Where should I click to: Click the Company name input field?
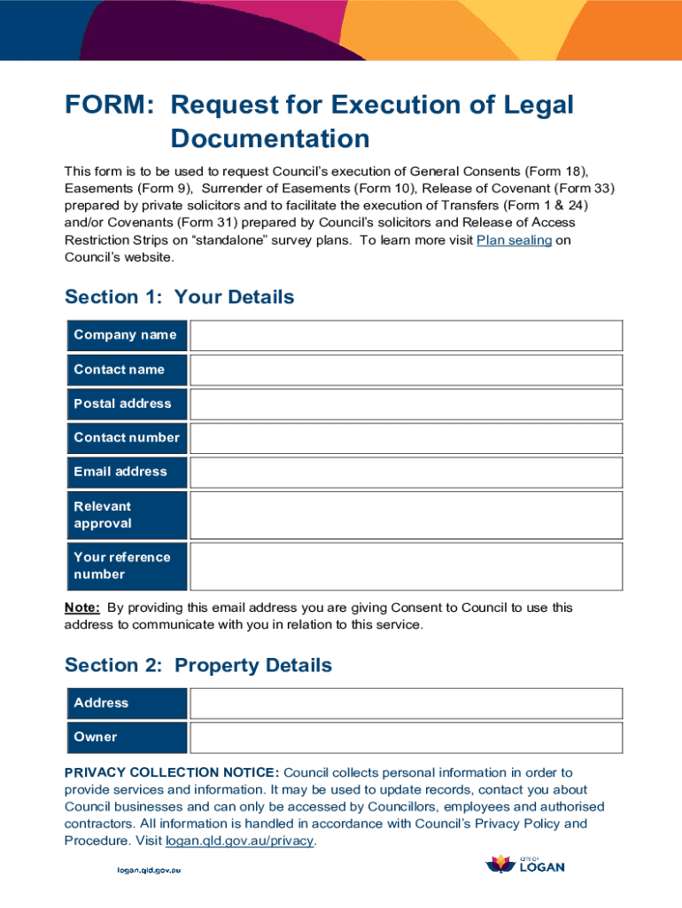[x=407, y=335]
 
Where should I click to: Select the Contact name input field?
[x=407, y=370]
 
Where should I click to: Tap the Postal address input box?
[x=407, y=403]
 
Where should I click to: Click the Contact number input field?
[x=407, y=438]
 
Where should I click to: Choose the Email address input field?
[x=407, y=472]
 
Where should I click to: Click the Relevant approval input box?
[x=407, y=515]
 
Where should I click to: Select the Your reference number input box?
[x=407, y=566]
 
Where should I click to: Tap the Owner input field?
[x=407, y=737]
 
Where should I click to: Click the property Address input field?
[x=407, y=703]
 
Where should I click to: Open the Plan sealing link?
[x=514, y=240]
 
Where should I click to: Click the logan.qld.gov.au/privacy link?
[x=239, y=841]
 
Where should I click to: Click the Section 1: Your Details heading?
[x=179, y=297]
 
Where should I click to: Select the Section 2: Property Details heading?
[x=198, y=665]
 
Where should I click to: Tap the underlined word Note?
[x=81, y=607]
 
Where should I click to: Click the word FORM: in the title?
[x=111, y=106]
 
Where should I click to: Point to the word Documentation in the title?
[x=270, y=139]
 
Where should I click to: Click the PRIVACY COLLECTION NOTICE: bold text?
[x=172, y=772]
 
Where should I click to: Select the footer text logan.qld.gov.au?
[x=149, y=869]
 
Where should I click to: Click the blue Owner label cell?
[x=126, y=737]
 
